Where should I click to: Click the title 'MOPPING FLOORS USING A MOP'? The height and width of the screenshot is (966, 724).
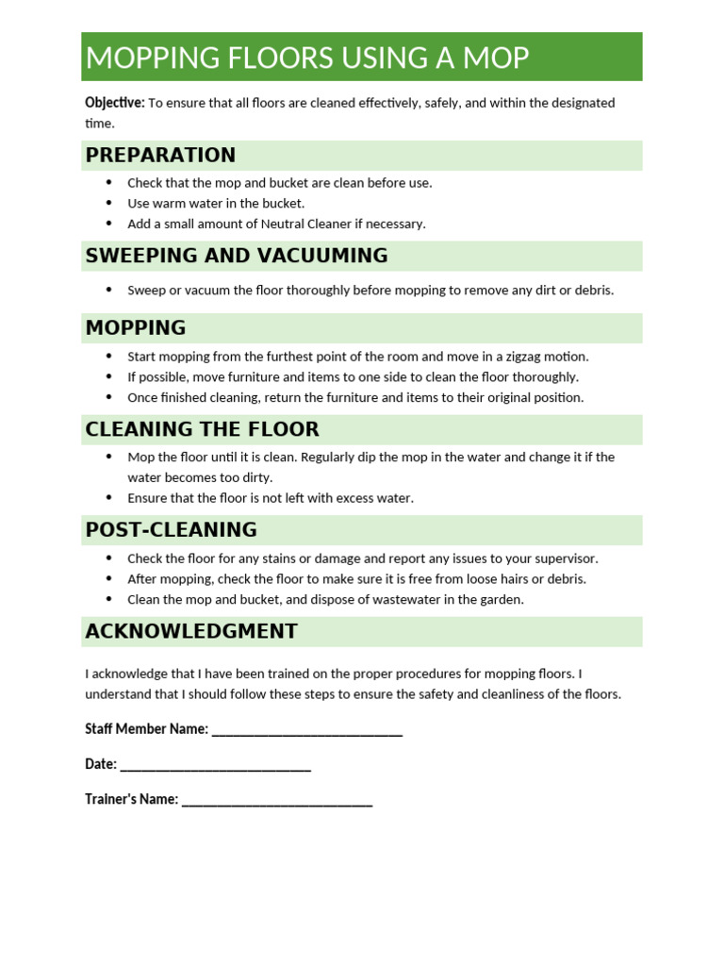pyautogui.click(x=307, y=58)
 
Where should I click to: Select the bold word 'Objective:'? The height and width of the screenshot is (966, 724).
pyautogui.click(x=115, y=103)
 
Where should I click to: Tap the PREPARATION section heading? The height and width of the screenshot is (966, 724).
pyautogui.click(x=160, y=155)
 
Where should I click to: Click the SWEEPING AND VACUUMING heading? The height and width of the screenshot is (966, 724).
pyautogui.click(x=237, y=256)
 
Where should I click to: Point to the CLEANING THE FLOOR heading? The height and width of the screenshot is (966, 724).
pyautogui.click(x=202, y=429)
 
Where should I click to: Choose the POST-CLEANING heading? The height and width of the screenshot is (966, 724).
pyautogui.click(x=171, y=530)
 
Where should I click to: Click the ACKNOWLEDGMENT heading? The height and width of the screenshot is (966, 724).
pyautogui.click(x=191, y=631)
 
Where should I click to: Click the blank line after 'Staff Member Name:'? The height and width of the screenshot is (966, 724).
pyautogui.click(x=307, y=729)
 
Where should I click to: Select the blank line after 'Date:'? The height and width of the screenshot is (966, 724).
pyautogui.click(x=216, y=764)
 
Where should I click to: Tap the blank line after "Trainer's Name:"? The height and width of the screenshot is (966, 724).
pyautogui.click(x=277, y=799)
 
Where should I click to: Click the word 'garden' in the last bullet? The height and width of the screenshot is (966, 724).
pyautogui.click(x=502, y=600)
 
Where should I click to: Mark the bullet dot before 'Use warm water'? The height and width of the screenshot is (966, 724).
pyautogui.click(x=108, y=203)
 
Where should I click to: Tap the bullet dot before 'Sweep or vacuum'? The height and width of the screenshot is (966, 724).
pyautogui.click(x=108, y=290)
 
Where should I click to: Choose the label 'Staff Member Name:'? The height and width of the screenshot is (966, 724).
pyautogui.click(x=146, y=729)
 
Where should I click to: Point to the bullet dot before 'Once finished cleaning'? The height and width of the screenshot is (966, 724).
pyautogui.click(x=108, y=397)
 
